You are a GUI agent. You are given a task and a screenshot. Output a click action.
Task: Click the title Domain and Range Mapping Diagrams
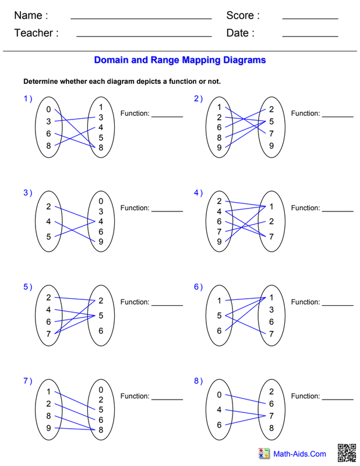point(180,60)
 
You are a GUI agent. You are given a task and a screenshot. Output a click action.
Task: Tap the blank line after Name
point(140,19)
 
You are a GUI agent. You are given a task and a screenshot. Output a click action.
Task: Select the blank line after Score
point(310,19)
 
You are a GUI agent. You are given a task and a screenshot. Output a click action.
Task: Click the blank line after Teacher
point(143,36)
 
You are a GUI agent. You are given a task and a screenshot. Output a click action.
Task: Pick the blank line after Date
point(310,36)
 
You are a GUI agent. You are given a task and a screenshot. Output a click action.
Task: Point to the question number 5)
point(27,287)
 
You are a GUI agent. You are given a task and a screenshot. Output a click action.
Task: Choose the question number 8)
point(198,381)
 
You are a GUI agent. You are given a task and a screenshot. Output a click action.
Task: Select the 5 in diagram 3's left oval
point(49,236)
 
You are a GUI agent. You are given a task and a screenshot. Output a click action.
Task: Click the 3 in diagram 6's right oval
point(271,309)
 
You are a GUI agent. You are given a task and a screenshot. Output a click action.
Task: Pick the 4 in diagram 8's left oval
point(219,409)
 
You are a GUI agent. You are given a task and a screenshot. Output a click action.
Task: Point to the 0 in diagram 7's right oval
point(101,390)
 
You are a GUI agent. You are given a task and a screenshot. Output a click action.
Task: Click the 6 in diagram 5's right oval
point(101,331)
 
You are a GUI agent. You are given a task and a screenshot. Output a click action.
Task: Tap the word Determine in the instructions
point(42,82)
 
